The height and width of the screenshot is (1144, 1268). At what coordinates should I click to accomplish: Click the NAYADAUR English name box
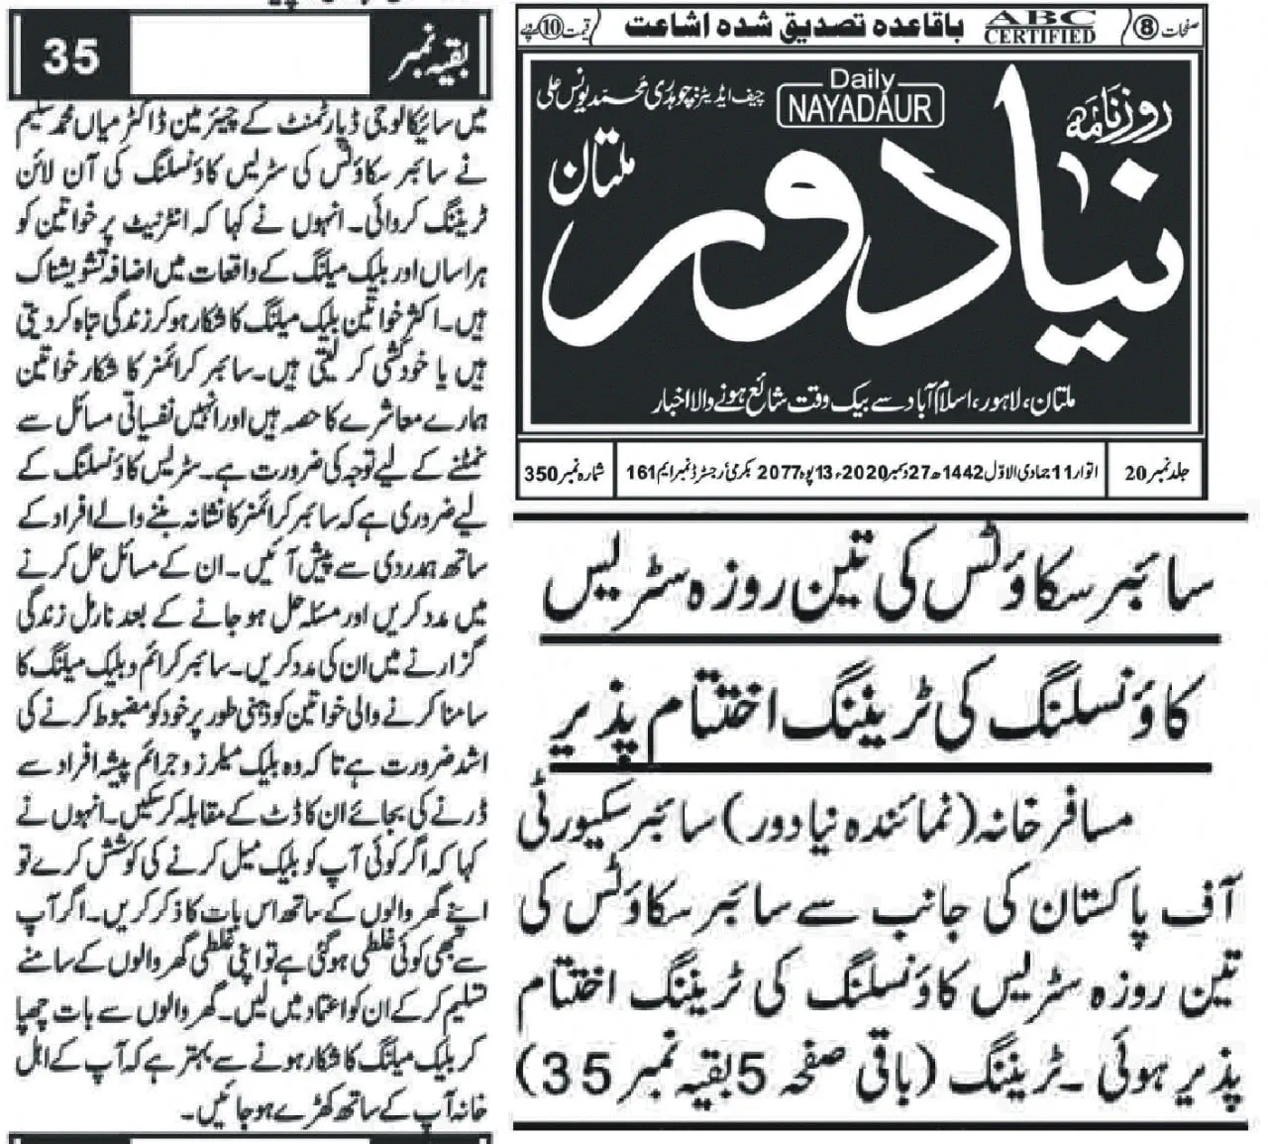pos(867,107)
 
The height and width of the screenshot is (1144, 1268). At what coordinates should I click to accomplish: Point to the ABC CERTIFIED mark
pos(1040,28)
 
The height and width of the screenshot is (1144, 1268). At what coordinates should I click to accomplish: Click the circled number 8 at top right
pos(1146,28)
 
